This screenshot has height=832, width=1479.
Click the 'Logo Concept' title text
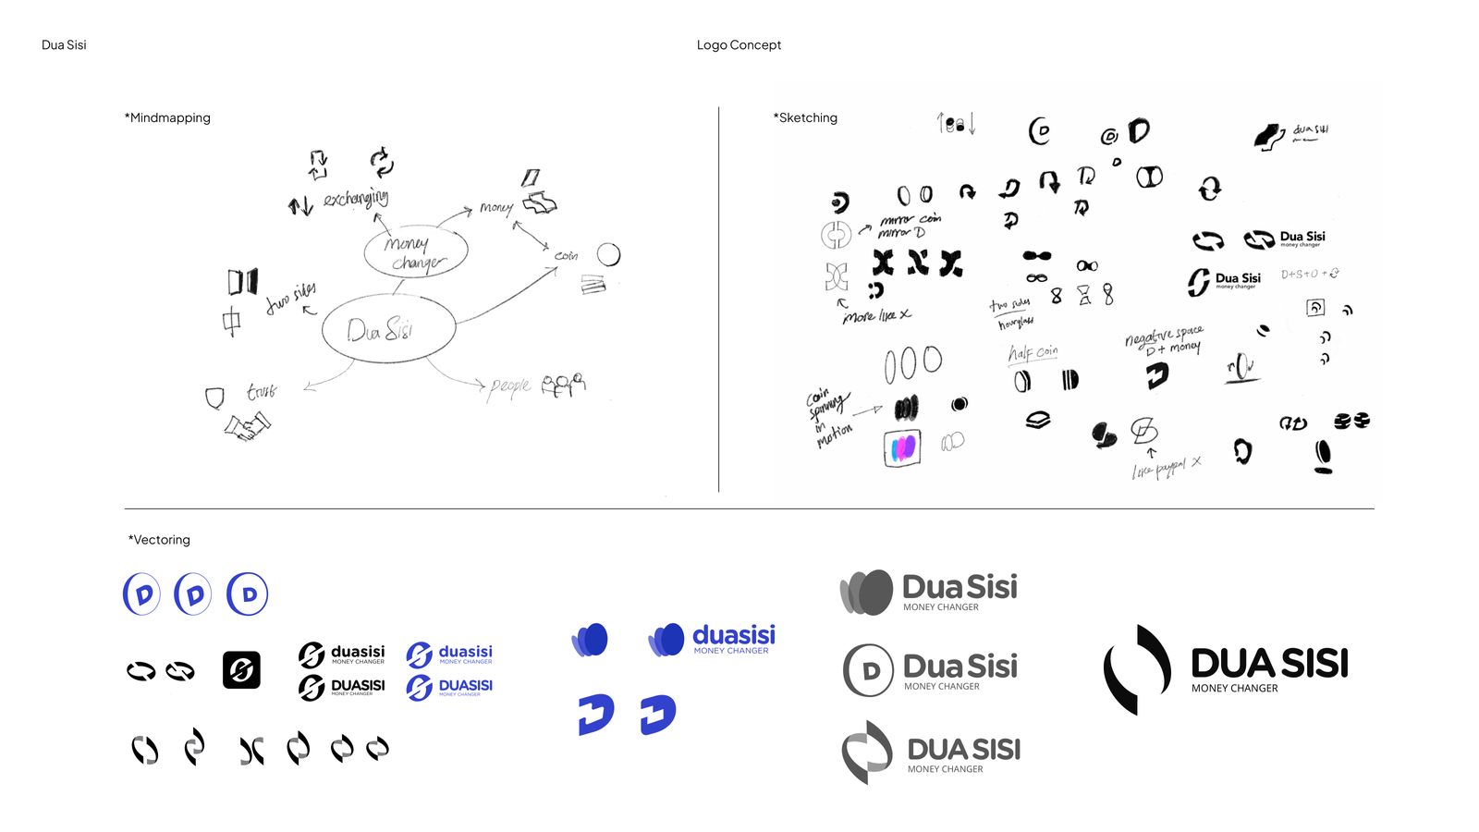click(x=739, y=45)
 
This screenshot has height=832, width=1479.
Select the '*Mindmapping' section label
click(x=167, y=118)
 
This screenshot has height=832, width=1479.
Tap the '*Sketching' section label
click(x=805, y=118)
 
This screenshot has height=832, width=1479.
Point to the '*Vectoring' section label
click(x=159, y=540)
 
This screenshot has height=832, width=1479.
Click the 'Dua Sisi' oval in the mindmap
click(x=388, y=329)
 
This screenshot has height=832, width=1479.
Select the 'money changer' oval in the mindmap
click(x=416, y=252)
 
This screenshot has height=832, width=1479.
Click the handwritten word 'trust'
click(x=262, y=392)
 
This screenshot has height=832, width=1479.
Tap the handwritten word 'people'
click(x=510, y=385)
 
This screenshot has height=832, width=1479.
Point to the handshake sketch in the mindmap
click(x=247, y=427)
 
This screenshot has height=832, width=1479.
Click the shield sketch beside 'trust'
click(x=214, y=398)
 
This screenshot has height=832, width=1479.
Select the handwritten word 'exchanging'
click(x=356, y=198)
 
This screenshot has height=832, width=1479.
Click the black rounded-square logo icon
click(x=241, y=670)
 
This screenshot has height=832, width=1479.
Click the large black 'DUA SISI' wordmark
click(x=1269, y=664)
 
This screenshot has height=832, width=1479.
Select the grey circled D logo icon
click(x=868, y=670)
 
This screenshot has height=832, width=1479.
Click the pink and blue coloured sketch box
click(x=902, y=448)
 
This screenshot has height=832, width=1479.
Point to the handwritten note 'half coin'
click(x=1033, y=352)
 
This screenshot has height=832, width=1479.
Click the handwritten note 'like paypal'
click(x=1161, y=470)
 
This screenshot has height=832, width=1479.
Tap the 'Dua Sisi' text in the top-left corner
click(x=64, y=45)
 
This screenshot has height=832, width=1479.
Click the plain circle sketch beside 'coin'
click(x=608, y=254)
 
